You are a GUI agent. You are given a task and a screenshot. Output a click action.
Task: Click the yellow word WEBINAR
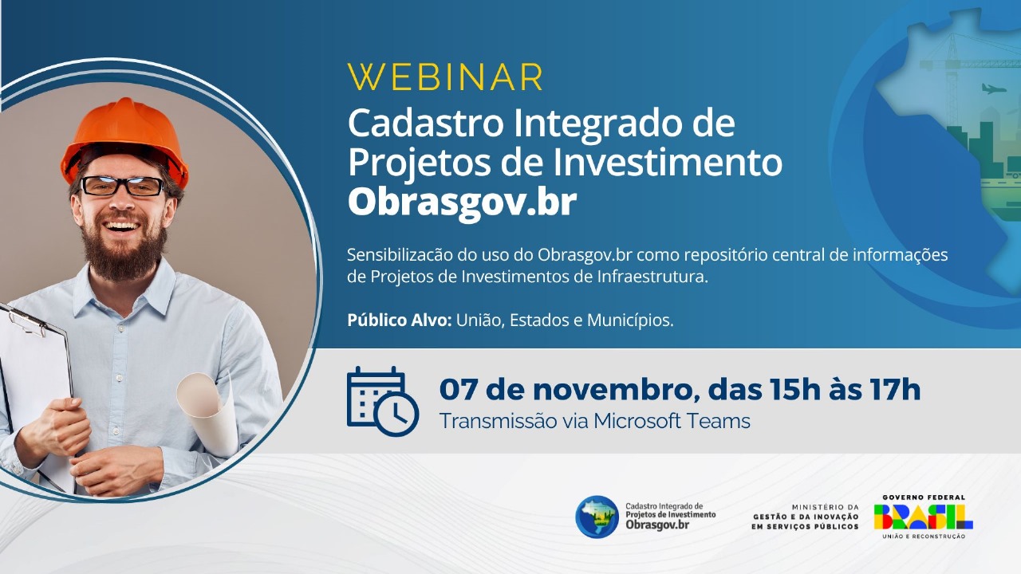tap(446, 77)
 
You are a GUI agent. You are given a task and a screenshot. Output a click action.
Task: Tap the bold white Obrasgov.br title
tap(462, 202)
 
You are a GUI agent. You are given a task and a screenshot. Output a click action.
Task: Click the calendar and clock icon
tap(381, 401)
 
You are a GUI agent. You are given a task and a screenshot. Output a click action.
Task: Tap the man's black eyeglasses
tap(123, 187)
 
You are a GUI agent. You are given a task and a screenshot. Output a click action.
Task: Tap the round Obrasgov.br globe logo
tap(597, 517)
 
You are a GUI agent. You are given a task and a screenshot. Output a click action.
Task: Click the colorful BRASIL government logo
tap(923, 517)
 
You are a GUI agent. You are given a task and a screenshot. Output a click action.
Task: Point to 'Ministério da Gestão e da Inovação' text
tap(806, 517)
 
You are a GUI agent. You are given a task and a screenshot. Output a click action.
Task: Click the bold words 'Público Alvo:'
tap(399, 320)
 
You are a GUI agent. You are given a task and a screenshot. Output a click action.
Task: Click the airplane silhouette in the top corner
tap(993, 88)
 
